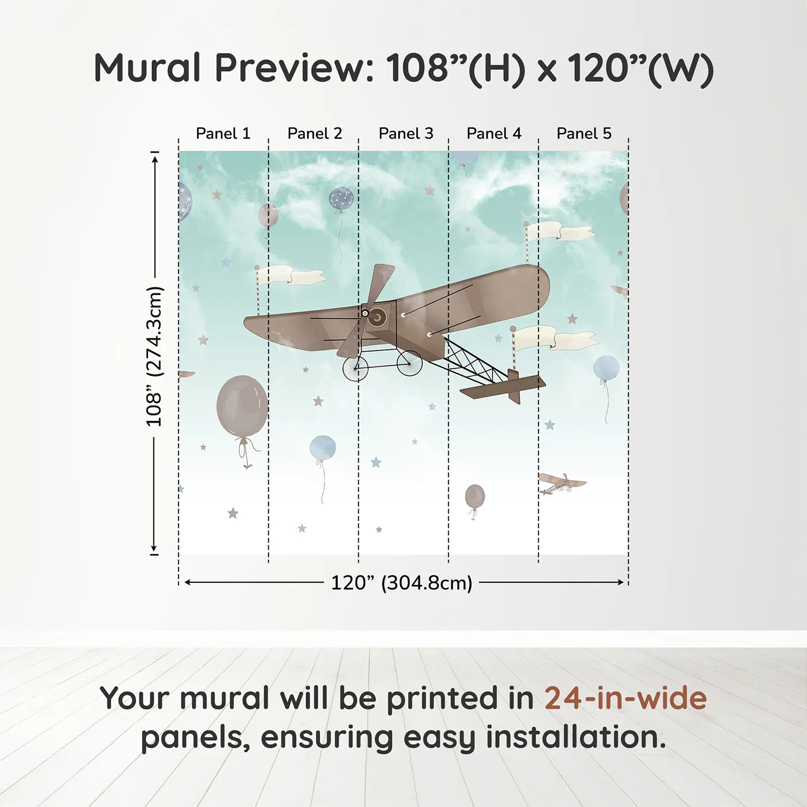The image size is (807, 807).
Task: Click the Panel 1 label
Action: pyautogui.click(x=223, y=134)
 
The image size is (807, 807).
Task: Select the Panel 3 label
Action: pyautogui.click(x=406, y=134)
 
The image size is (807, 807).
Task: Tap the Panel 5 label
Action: pyautogui.click(x=584, y=134)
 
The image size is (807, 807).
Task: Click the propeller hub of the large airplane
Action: pyautogui.click(x=365, y=313)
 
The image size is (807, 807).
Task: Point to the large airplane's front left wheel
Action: pyautogui.click(x=355, y=368)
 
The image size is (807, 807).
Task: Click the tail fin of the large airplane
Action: pyautogui.click(x=514, y=386)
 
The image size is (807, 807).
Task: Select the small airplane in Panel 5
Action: pyautogui.click(x=561, y=484)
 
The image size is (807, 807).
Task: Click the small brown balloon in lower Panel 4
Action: pyautogui.click(x=475, y=496)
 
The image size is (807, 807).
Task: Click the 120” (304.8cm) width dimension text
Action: pyautogui.click(x=402, y=583)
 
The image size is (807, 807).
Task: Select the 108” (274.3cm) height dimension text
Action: pyautogui.click(x=154, y=356)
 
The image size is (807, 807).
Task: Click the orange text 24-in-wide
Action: pyautogui.click(x=625, y=698)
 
